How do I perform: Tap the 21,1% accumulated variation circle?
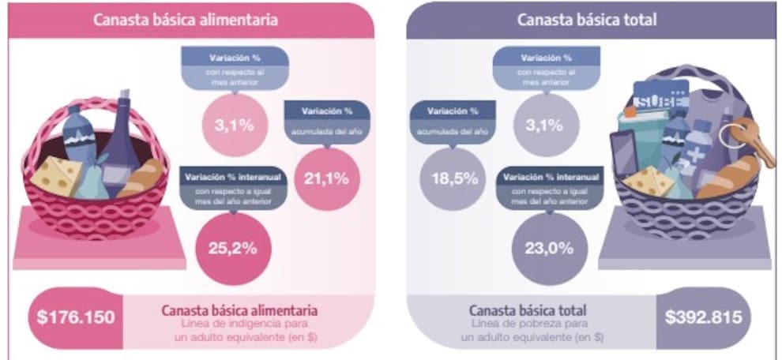pos(325,178)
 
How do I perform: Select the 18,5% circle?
pos(454,178)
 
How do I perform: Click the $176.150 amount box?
pos(76,317)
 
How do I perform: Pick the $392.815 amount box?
pos(702,317)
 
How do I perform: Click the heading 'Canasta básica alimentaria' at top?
pos(185,20)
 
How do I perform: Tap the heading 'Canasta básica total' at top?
pos(586,20)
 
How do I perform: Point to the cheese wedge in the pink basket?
pos(56,175)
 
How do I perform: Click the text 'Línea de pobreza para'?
pos(530,324)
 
